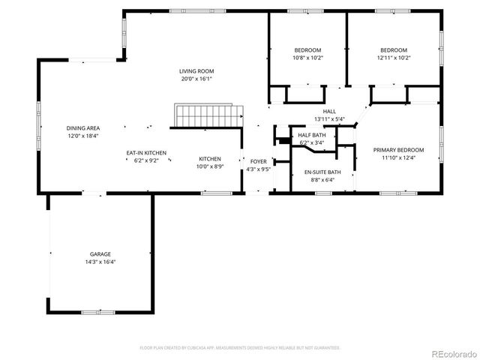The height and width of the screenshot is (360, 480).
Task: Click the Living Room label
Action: (196, 70)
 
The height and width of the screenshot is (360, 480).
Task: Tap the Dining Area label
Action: (83, 128)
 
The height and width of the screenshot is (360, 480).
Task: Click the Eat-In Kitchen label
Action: (145, 152)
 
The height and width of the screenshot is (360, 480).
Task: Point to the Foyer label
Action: (258, 161)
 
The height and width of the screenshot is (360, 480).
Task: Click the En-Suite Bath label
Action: (322, 172)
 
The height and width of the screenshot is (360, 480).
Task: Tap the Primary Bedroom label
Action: (398, 150)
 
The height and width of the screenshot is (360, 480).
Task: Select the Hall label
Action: (329, 111)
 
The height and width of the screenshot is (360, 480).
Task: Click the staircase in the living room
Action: (209, 117)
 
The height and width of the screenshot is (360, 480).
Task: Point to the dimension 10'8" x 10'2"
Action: (307, 58)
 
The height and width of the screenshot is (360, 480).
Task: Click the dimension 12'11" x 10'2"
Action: (394, 58)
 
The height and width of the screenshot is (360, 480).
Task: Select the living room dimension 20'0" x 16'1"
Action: (196, 79)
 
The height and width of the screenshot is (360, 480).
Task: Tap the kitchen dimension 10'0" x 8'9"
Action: (209, 166)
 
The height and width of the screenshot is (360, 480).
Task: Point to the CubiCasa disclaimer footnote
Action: (240, 348)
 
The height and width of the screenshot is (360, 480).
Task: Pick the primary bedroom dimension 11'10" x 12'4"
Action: (398, 158)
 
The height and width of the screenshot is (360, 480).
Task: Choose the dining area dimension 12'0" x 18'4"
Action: (83, 136)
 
